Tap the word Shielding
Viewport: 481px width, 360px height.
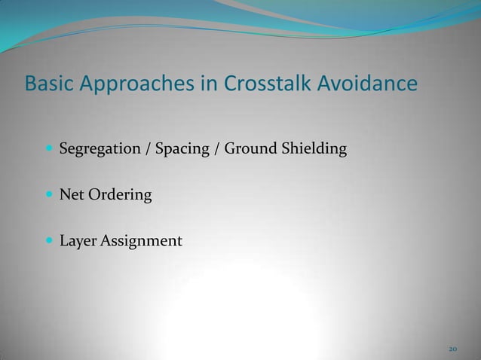tap(314, 150)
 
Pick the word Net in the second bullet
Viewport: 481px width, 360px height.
tap(72, 195)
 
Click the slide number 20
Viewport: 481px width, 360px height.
tap(452, 349)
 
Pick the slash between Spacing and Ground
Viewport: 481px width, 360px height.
tap(218, 150)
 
